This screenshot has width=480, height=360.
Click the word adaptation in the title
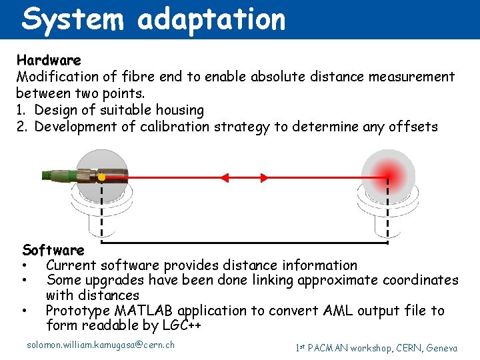[211, 19]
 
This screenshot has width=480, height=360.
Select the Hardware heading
[49, 61]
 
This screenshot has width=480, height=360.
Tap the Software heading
[53, 251]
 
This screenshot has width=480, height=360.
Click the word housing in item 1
[179, 109]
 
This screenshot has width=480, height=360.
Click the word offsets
[412, 126]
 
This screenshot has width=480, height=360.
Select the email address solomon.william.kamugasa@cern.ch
[101, 345]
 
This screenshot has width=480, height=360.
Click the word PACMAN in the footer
[332, 347]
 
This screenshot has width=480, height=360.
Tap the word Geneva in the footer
[441, 347]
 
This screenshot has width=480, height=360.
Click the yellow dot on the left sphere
[101, 177]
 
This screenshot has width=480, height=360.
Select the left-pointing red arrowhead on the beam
[224, 177]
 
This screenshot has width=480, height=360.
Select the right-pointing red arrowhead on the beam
[264, 177]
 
